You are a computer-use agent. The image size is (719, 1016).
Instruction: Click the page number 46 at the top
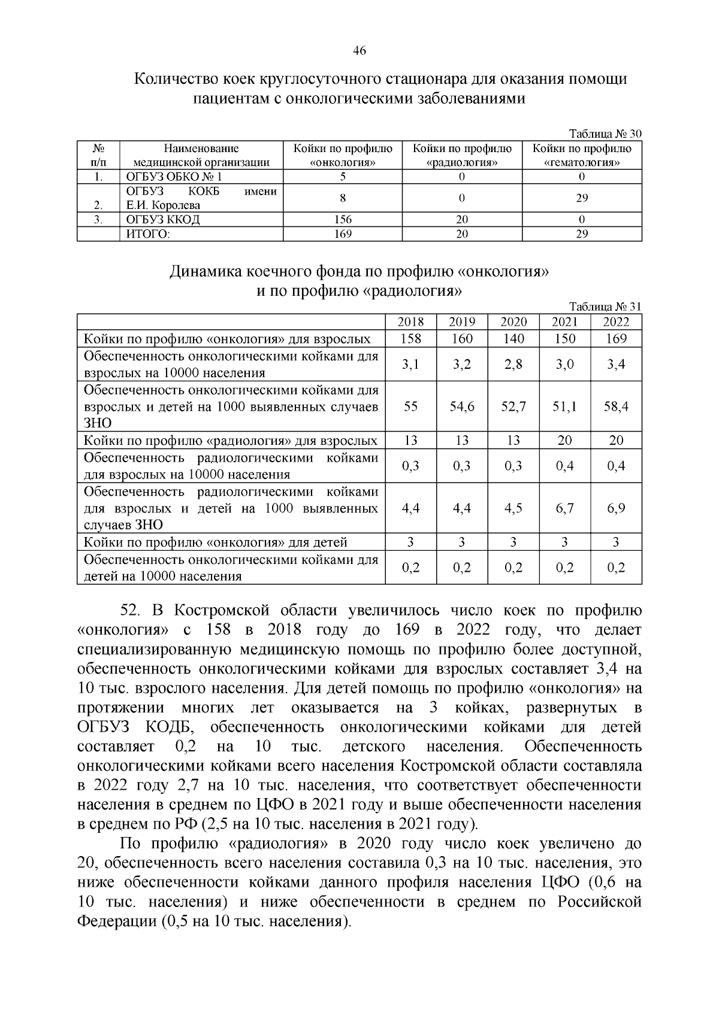(359, 51)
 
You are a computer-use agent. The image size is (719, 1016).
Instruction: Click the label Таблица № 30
(605, 134)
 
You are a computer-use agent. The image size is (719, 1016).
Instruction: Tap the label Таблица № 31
(605, 306)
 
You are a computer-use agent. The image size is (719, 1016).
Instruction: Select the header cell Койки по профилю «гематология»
(582, 155)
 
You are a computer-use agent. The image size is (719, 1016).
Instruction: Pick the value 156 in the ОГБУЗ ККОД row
(342, 220)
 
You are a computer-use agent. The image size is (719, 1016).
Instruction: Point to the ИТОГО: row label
(148, 234)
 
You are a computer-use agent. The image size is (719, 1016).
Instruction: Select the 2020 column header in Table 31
(513, 322)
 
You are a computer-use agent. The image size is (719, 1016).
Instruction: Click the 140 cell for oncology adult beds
(513, 339)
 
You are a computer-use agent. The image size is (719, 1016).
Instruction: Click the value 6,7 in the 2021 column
(564, 508)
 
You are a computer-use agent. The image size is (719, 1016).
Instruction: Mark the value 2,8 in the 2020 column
(513, 365)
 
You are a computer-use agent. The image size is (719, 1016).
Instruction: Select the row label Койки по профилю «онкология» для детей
(216, 542)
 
